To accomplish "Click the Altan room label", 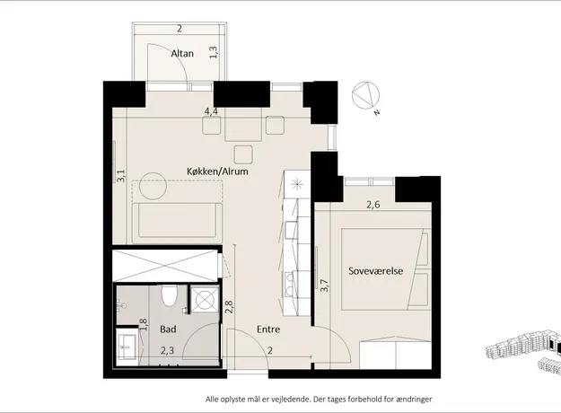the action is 182,54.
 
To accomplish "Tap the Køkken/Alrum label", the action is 217,171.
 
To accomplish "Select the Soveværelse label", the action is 376,271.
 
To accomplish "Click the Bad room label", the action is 168,330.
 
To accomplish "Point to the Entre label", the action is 268,330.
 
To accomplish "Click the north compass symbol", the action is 366,97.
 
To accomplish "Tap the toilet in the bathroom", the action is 169,295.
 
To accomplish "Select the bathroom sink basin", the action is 127,346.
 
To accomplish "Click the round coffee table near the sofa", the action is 153,186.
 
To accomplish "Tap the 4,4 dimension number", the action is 211,111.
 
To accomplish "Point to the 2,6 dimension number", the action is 373,205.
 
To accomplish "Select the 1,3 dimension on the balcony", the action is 214,53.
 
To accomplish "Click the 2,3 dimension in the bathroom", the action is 167,350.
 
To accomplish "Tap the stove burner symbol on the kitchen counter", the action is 297,185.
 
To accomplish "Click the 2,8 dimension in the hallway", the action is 229,307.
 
